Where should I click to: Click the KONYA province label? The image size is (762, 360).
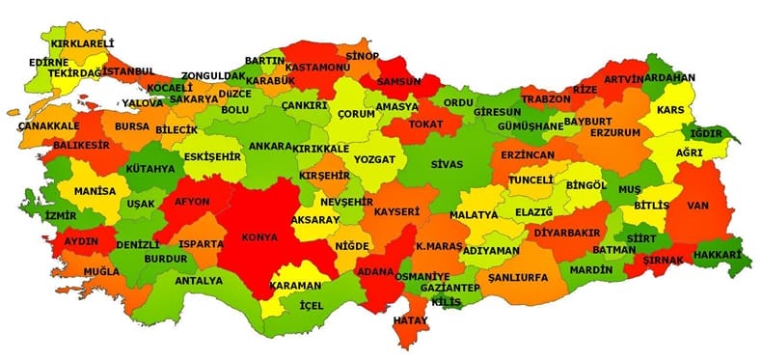(x=261, y=236)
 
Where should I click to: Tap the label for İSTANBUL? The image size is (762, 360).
(x=128, y=72)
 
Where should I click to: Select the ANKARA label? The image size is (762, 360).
(x=270, y=147)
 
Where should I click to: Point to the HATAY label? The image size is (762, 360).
(x=411, y=319)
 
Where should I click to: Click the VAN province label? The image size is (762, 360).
(x=698, y=205)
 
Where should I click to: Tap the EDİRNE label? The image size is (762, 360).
(x=48, y=62)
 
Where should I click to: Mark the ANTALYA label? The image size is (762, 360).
(x=199, y=281)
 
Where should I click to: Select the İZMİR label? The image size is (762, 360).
(x=61, y=215)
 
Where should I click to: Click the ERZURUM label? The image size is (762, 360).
(x=614, y=131)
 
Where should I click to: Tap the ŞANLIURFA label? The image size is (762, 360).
(x=518, y=277)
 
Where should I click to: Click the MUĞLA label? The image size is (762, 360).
(x=102, y=272)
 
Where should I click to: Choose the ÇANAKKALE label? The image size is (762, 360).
(x=49, y=125)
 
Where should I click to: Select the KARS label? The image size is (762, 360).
(x=670, y=110)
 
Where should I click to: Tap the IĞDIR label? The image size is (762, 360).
(x=711, y=133)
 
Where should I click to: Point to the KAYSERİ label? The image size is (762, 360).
(x=396, y=211)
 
